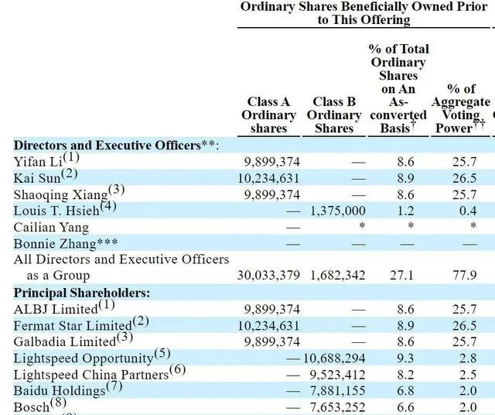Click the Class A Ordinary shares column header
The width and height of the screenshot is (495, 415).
(268, 115)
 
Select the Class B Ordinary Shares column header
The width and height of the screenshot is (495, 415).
(334, 115)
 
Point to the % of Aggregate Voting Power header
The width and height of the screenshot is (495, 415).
(461, 108)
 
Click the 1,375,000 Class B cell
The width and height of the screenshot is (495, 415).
(338, 211)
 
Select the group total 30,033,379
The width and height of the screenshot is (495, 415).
(268, 276)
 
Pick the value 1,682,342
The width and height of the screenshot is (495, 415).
(338, 276)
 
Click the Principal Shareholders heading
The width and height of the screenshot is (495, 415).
(82, 293)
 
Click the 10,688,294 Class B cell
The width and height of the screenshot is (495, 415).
(334, 358)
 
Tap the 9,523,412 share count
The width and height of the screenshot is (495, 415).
(337, 375)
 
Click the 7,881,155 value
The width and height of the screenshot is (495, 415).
(338, 391)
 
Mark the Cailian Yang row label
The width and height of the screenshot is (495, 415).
(51, 228)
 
